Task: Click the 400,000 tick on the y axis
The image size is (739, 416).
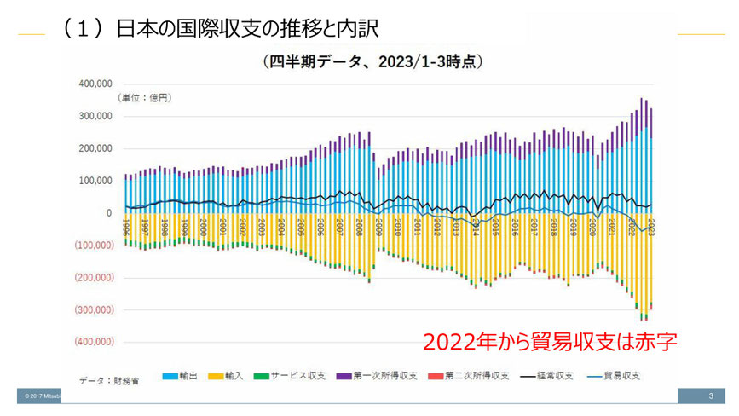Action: (x=95, y=84)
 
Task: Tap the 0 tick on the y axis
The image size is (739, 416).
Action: (x=108, y=213)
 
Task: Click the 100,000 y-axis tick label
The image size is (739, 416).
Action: (x=95, y=181)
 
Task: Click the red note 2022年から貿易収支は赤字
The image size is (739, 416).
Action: (x=550, y=342)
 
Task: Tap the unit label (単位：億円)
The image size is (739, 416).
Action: (x=144, y=98)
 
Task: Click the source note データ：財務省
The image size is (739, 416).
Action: (x=108, y=381)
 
